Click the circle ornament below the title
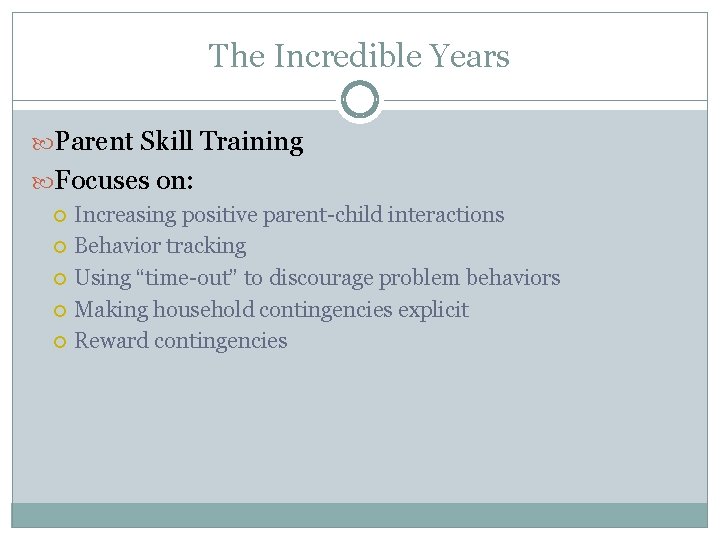(x=360, y=101)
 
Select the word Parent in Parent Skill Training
(x=94, y=142)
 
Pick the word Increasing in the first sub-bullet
(x=125, y=215)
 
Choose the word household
(x=204, y=310)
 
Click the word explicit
(x=433, y=310)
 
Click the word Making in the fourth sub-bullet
(x=111, y=310)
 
